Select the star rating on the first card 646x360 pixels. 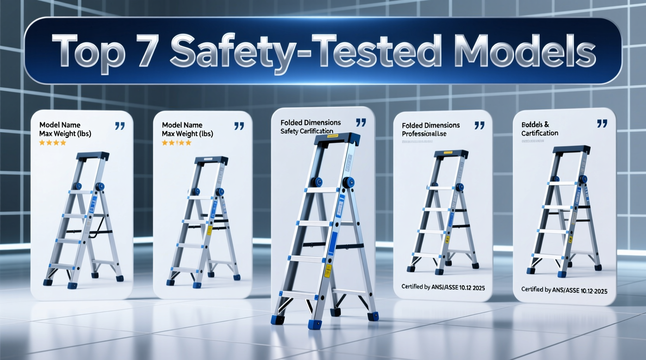[x=52, y=143]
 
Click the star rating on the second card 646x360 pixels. [x=176, y=143]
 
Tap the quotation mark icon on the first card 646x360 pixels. [x=120, y=126]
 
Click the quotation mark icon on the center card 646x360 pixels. [x=361, y=123]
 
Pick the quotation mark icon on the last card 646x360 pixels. [x=602, y=124]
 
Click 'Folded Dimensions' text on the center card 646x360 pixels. [x=311, y=123]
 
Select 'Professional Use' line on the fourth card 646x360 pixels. [x=424, y=134]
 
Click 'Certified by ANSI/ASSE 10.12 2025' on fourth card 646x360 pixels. [x=443, y=287]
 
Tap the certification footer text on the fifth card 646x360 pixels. [x=564, y=290]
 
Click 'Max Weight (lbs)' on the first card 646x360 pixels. [x=65, y=134]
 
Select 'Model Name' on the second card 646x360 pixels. [x=182, y=125]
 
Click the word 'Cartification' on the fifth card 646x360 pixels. [x=540, y=133]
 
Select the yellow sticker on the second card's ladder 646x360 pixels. [x=209, y=230]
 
